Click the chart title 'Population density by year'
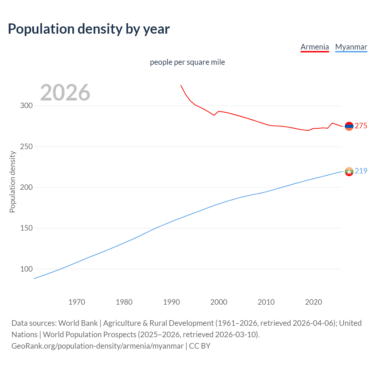[89, 29]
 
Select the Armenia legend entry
[315, 47]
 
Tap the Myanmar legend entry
[351, 47]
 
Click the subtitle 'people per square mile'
[187, 62]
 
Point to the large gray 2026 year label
[65, 93]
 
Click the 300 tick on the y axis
[26, 106]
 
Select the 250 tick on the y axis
[26, 146]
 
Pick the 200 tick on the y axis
[26, 187]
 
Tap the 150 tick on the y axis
[26, 228]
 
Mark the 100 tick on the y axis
[26, 269]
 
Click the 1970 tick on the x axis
[77, 302]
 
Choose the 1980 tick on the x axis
[124, 302]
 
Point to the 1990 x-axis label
[171, 302]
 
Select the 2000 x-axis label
[219, 302]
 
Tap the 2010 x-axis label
[266, 302]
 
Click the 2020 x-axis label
[313, 302]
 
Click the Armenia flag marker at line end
[349, 126]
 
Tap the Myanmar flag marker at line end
[349, 171]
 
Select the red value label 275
[361, 126]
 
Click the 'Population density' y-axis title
[12, 182]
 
